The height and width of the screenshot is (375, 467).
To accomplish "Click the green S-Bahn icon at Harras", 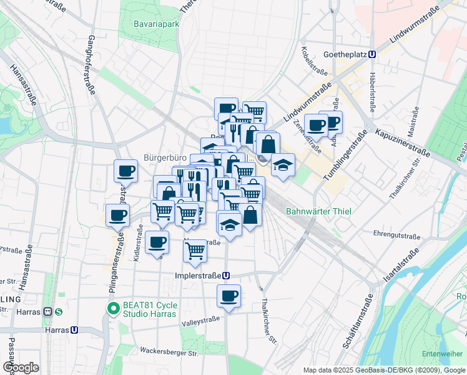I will (58, 312).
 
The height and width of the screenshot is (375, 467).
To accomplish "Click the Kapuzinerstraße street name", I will (402, 142).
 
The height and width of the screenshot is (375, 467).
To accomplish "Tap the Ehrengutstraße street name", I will (396, 236).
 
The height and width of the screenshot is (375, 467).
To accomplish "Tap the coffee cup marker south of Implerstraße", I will (229, 296).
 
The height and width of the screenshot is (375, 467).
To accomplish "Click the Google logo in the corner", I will (21, 367).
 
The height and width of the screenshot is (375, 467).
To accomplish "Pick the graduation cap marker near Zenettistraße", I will (283, 164).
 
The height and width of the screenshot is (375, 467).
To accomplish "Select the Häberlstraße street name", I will (372, 94).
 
